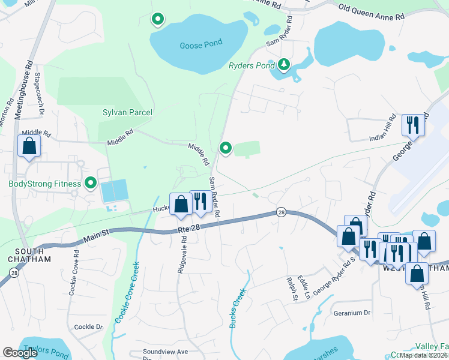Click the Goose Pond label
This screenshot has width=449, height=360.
[200, 43]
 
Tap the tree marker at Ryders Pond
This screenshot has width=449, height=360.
[283, 64]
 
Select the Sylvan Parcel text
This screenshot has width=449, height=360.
[127, 112]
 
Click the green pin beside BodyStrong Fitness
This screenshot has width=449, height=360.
[91, 183]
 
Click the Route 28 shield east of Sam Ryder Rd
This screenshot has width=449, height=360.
[280, 212]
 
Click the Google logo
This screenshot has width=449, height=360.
[20, 353]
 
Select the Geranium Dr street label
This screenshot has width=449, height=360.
[352, 313]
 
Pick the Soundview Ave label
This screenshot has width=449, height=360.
[165, 352]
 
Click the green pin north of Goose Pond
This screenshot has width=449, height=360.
[157, 20]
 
